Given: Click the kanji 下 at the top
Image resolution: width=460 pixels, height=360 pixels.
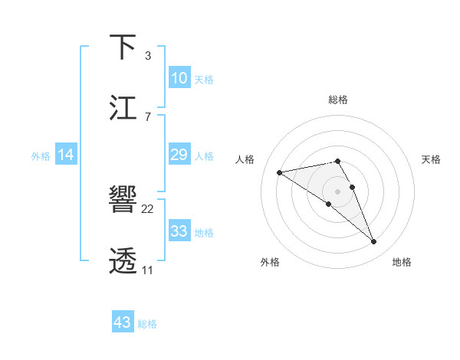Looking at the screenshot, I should pos(123,47).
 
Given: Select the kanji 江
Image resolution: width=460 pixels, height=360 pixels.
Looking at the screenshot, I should pos(123,108).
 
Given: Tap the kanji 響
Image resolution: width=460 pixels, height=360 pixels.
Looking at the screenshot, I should pos(123,200).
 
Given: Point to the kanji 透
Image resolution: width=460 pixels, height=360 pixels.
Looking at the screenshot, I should pos(123,261).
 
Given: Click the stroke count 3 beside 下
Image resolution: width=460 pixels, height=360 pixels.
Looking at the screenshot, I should pos(147,56).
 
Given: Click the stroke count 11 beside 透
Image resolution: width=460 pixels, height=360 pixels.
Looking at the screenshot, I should pos(147,270).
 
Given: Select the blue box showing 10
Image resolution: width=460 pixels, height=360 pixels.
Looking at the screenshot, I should pos(179,78).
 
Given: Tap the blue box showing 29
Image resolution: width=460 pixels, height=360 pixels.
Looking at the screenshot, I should pos(179,155).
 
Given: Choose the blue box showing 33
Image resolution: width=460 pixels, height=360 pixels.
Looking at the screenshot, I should pos(179,231).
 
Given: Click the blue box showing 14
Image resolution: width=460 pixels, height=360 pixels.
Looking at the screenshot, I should pos(66,155).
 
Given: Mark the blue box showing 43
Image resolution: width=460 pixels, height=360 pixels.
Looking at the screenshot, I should pos(123,322).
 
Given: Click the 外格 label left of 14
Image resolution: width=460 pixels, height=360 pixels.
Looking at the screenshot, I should pos(41,156).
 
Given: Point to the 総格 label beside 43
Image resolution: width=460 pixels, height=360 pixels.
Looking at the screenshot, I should pos(147,324).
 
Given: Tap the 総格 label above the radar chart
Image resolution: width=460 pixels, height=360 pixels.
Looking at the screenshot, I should pos(337,100).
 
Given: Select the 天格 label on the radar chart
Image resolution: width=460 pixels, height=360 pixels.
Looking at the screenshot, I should pos(431,159).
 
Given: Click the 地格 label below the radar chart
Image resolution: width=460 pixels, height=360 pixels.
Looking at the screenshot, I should pos(402,263).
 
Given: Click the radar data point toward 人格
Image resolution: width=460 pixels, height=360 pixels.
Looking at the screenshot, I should pos(280,172).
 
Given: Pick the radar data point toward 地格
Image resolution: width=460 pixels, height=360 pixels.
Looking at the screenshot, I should pos(374,242).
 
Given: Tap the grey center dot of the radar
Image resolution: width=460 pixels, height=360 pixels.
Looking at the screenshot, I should pos(337,191).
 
